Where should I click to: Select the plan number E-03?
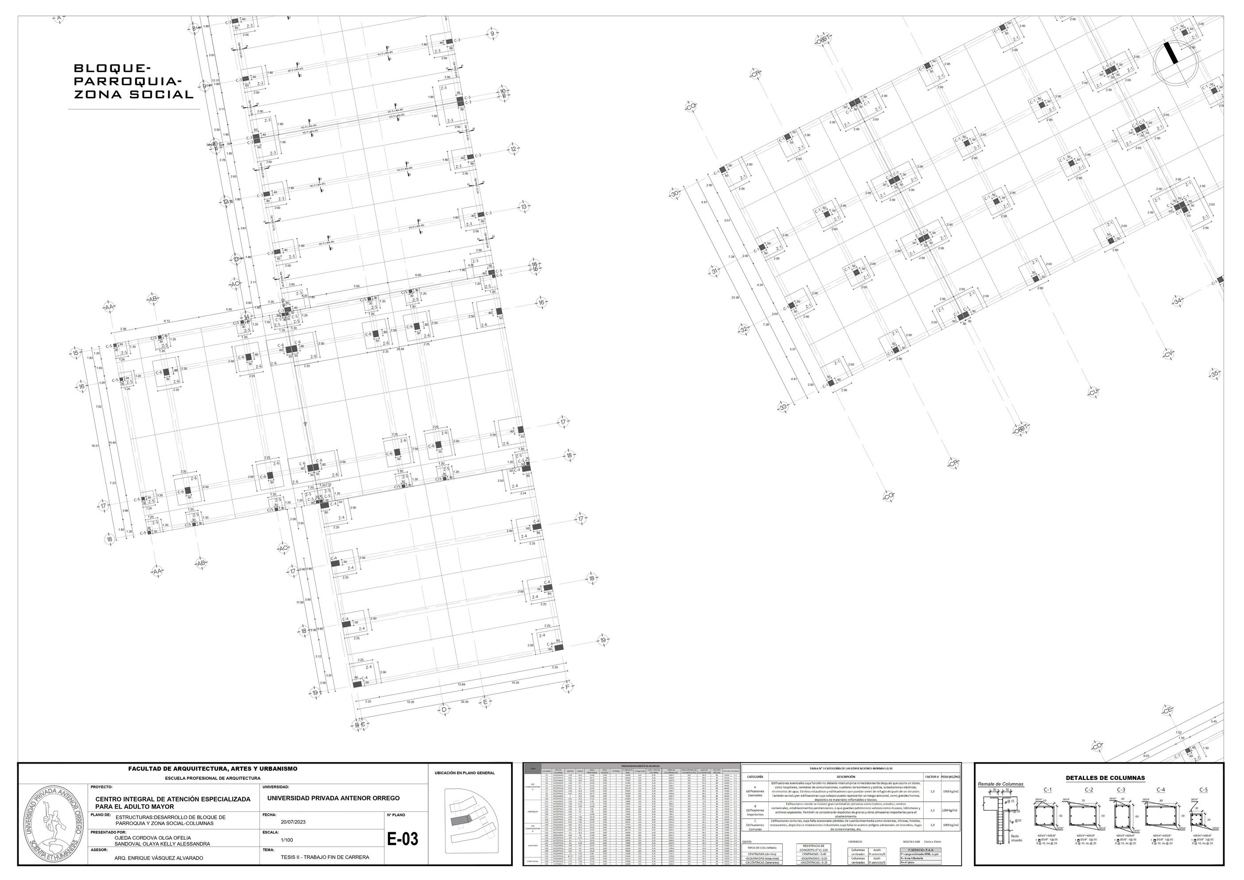click(x=403, y=839)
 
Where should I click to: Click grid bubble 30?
click(x=674, y=194)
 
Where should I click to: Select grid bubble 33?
click(x=783, y=407)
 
